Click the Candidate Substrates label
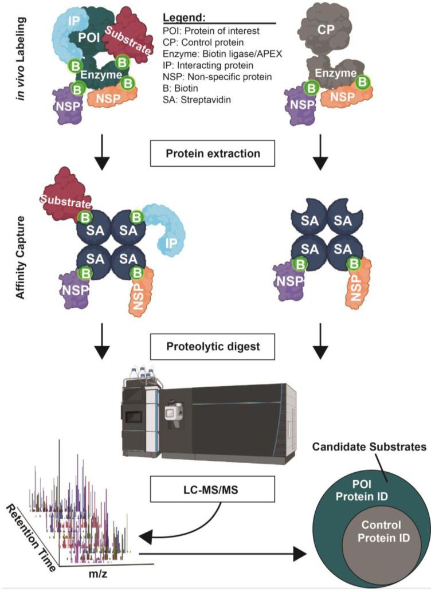click(366, 447)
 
